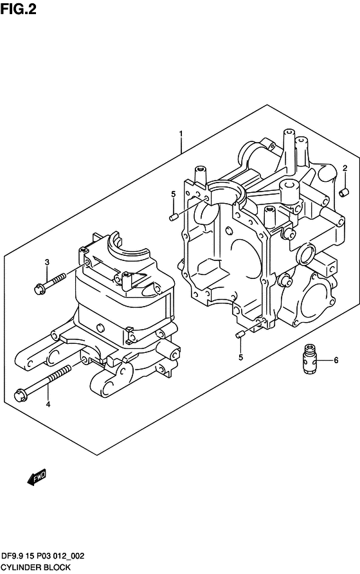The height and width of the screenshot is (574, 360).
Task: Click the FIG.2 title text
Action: pyautogui.click(x=18, y=9)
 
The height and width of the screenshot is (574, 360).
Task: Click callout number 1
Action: pyautogui.click(x=181, y=134)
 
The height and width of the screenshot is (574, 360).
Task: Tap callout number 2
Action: pyautogui.click(x=345, y=168)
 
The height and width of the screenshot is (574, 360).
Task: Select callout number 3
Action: pyautogui.click(x=47, y=262)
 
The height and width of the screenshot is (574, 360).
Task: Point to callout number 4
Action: pyautogui.click(x=48, y=404)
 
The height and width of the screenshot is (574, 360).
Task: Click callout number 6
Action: pyautogui.click(x=336, y=360)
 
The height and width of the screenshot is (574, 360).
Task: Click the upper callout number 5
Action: pyautogui.click(x=173, y=193)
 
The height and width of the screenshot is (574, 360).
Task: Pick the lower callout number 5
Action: pyautogui.click(x=240, y=357)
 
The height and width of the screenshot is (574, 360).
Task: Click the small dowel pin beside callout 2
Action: pyautogui.click(x=345, y=192)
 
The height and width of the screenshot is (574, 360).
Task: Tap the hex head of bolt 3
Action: pyautogui.click(x=39, y=289)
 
